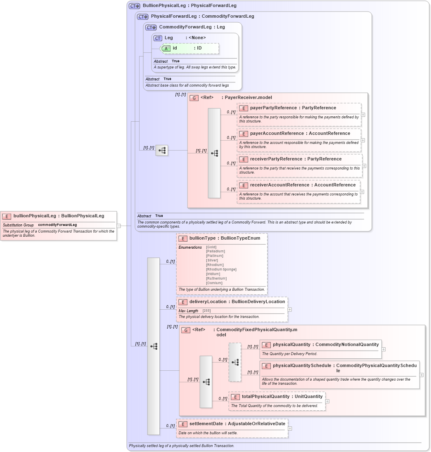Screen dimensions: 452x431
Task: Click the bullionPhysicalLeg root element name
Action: (35, 216)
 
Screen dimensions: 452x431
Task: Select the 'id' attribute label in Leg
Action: (175, 48)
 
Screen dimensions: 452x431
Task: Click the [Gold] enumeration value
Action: (211, 247)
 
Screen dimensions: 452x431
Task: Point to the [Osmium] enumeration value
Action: (214, 283)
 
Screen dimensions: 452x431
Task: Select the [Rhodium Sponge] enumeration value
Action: (221, 269)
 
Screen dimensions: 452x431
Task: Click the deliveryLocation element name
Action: (208, 301)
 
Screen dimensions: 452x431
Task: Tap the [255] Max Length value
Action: (206, 311)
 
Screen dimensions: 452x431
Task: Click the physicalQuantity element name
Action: (291, 345)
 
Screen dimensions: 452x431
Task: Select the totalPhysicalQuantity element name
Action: (265, 397)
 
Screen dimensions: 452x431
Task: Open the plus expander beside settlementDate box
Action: (290, 428)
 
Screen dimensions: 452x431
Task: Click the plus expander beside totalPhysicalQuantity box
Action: (327, 401)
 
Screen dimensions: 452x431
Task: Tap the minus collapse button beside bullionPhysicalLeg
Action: (118, 226)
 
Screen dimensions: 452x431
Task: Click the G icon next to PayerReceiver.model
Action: (194, 98)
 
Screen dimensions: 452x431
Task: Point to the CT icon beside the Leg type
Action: (158, 38)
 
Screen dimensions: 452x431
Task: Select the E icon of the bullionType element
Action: (182, 238)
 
